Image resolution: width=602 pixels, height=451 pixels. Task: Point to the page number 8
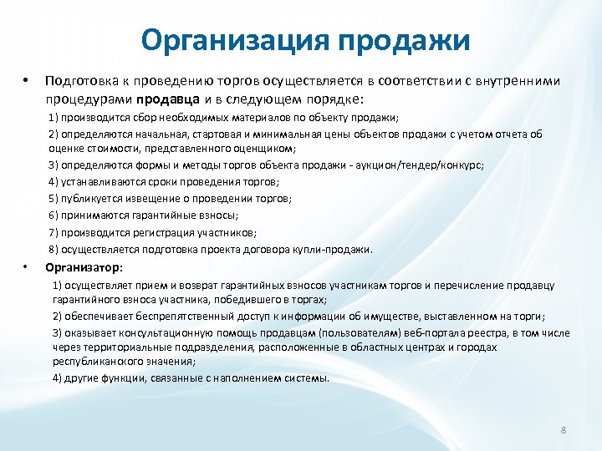tap(564, 429)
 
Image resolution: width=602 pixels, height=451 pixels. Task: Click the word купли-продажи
tap(340, 249)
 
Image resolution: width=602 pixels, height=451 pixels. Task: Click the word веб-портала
tap(370, 333)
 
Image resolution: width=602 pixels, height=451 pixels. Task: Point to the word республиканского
tap(94, 361)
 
